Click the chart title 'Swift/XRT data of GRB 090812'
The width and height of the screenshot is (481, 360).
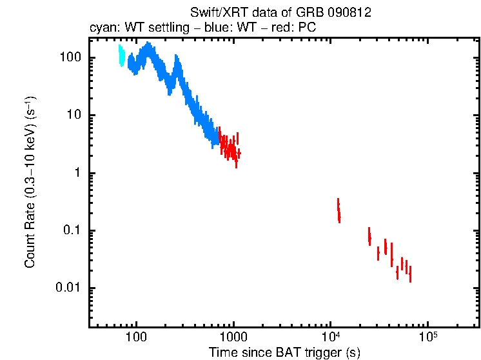coord(280,13)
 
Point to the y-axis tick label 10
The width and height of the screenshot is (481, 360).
coord(75,115)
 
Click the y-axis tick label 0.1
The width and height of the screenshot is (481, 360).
coord(73,231)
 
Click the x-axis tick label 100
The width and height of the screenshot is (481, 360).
coord(136,338)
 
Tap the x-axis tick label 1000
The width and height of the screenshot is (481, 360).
coord(233,338)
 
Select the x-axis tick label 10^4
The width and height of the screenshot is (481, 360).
coord(331,337)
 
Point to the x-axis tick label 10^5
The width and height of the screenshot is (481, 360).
coord(428,337)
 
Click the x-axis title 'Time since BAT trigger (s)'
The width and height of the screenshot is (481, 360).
coord(284,352)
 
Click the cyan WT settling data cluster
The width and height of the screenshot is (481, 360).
coord(121,56)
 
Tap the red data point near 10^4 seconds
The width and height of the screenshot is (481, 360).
coord(339,210)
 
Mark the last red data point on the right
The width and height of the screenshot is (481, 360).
coord(410,274)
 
